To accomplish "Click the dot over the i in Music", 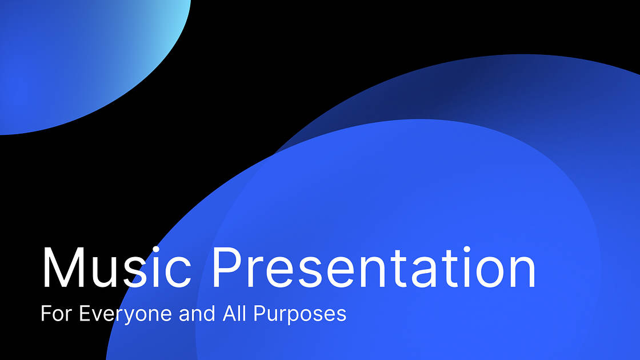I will [161, 249].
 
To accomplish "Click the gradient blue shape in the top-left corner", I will [74, 57].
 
